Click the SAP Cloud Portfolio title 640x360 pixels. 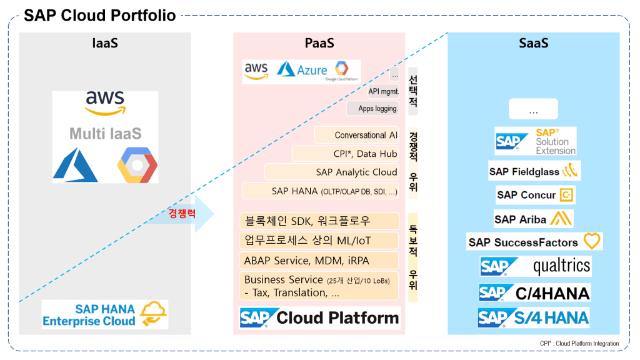[100, 16]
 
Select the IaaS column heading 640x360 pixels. [105, 43]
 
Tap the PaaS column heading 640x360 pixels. [319, 43]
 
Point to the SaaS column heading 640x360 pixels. [533, 43]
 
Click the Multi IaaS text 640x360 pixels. [105, 134]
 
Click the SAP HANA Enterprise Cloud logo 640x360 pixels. [105, 314]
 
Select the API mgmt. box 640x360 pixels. [383, 91]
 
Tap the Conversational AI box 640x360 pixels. [357, 136]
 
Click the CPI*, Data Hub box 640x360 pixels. [346, 154]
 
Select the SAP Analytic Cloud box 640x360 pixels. [332, 172]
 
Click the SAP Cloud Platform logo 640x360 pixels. [319, 317]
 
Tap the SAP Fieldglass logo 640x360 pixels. [533, 171]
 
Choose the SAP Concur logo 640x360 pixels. [535, 195]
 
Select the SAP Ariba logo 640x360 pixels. [533, 219]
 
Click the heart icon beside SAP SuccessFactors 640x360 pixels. [591, 241]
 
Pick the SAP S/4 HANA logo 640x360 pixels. [534, 317]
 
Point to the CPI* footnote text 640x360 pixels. [579, 344]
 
